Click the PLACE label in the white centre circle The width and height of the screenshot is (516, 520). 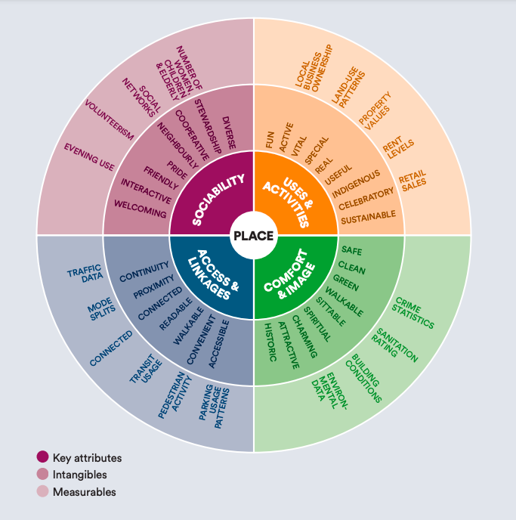click(254, 236)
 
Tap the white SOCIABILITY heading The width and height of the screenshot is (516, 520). click(218, 200)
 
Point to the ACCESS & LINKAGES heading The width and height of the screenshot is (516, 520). click(213, 275)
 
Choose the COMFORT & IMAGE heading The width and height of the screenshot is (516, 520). click(289, 274)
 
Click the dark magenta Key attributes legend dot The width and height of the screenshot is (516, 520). click(42, 457)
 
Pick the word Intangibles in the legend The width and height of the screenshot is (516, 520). click(79, 475)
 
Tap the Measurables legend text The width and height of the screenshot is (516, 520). click(84, 492)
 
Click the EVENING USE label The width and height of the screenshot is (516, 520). click(89, 157)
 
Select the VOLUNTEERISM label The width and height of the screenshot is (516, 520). click(109, 120)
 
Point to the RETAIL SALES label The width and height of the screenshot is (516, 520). click(412, 181)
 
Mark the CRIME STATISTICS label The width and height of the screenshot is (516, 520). click(413, 313)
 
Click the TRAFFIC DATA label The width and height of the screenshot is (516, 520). click(85, 274)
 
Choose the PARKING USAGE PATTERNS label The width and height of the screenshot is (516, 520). click(214, 407)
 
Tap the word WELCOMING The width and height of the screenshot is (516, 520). click(141, 209)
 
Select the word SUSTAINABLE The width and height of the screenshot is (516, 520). click(368, 217)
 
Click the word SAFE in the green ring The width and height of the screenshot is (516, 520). click(351, 251)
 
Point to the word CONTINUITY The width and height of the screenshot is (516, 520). click(144, 271)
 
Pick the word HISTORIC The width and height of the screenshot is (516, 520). click(270, 342)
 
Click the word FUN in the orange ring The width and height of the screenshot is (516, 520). click(270, 140)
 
